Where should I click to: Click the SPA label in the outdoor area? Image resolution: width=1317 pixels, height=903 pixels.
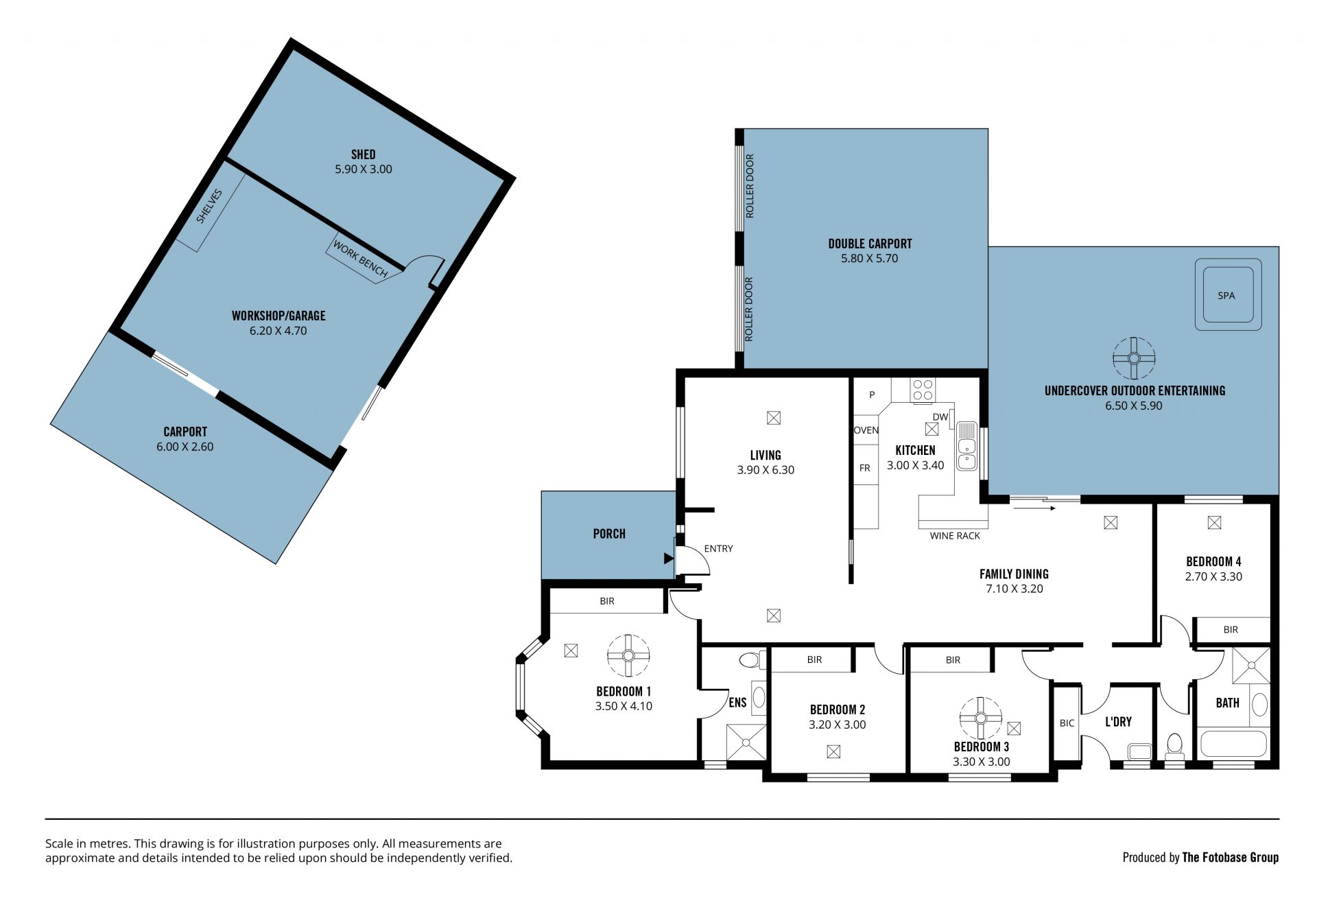(x=1226, y=296)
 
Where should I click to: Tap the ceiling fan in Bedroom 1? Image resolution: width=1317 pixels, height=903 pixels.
(x=628, y=656)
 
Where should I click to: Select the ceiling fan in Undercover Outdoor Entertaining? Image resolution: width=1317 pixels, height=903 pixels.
(x=1134, y=358)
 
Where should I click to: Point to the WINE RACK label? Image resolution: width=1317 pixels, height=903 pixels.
(x=955, y=536)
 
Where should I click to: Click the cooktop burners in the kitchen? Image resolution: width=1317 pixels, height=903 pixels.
(x=923, y=390)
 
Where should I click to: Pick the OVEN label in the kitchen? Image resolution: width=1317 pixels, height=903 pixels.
(x=866, y=430)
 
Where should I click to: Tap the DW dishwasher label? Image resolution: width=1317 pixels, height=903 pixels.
(x=940, y=417)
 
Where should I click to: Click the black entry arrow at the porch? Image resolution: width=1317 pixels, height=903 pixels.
(x=669, y=559)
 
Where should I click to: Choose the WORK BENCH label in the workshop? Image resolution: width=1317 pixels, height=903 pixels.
(x=360, y=259)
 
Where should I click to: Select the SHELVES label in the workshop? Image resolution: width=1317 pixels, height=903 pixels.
(x=209, y=206)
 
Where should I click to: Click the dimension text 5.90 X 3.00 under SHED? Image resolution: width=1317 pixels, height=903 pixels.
(x=364, y=169)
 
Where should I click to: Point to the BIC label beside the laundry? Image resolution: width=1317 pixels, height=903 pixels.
(x=1067, y=723)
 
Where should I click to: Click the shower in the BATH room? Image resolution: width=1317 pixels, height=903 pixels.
(x=1251, y=665)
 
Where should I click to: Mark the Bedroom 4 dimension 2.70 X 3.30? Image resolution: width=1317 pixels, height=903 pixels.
(x=1213, y=577)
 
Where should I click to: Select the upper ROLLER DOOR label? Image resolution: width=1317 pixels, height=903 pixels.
(x=750, y=186)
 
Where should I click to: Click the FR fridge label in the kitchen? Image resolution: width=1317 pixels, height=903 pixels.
(x=865, y=468)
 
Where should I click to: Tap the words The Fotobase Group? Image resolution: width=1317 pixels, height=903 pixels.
(x=1231, y=857)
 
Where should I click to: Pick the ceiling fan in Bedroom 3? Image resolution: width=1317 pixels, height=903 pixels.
(x=981, y=718)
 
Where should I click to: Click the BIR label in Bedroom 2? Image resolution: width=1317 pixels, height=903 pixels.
(x=814, y=660)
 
